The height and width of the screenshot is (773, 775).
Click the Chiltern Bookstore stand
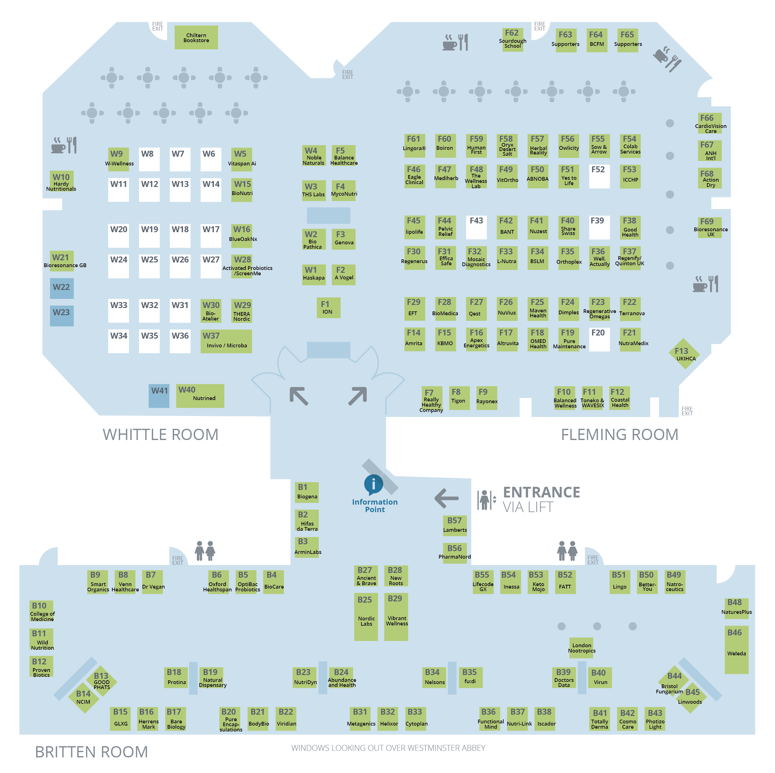(196, 37)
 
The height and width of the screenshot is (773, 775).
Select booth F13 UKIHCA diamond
(684, 354)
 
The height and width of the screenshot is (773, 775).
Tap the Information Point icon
(373, 484)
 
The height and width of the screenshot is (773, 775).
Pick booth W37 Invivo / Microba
(226, 341)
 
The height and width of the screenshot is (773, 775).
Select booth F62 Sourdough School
(512, 39)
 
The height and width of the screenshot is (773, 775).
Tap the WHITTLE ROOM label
(160, 435)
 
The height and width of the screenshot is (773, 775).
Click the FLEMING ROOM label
(619, 435)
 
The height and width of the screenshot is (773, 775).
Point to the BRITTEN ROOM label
(91, 752)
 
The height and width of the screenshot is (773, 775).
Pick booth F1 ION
(328, 307)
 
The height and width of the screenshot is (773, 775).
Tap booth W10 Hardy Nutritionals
(61, 181)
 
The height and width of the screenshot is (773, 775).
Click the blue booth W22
(61, 288)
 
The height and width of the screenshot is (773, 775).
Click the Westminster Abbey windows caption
(388, 748)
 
